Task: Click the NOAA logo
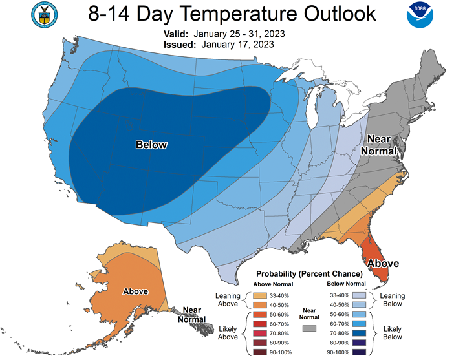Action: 420,15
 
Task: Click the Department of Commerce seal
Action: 45,15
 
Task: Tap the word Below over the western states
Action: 151,145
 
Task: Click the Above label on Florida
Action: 383,263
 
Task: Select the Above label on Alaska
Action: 136,291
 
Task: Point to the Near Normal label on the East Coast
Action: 379,145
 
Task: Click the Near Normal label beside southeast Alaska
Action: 192,314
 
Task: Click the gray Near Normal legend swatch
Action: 309,328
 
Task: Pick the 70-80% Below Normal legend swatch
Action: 359,333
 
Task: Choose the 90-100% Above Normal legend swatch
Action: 260,352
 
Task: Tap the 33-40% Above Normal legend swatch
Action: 260,295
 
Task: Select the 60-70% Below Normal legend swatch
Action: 359,324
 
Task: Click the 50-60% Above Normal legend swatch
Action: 260,314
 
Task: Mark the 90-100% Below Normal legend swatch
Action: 359,352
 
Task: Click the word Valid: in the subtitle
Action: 176,34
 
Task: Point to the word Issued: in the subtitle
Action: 180,45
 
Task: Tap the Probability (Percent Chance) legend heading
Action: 309,274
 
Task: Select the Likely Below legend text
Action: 393,333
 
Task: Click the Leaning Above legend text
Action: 228,299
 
